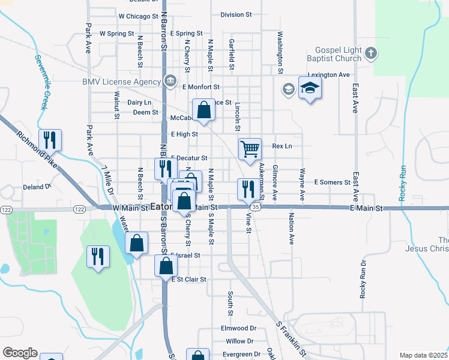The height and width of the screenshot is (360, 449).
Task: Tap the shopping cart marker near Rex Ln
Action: [250, 148]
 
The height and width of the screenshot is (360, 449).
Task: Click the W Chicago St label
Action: [138, 16]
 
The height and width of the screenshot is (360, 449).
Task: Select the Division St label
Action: [236, 14]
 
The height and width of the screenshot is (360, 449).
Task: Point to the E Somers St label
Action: [332, 182]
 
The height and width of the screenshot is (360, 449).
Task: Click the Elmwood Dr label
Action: [238, 328]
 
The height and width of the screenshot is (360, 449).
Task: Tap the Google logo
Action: [20, 352]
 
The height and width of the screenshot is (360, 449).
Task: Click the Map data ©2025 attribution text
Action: [423, 355]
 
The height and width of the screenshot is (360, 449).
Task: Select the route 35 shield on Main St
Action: [256, 207]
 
